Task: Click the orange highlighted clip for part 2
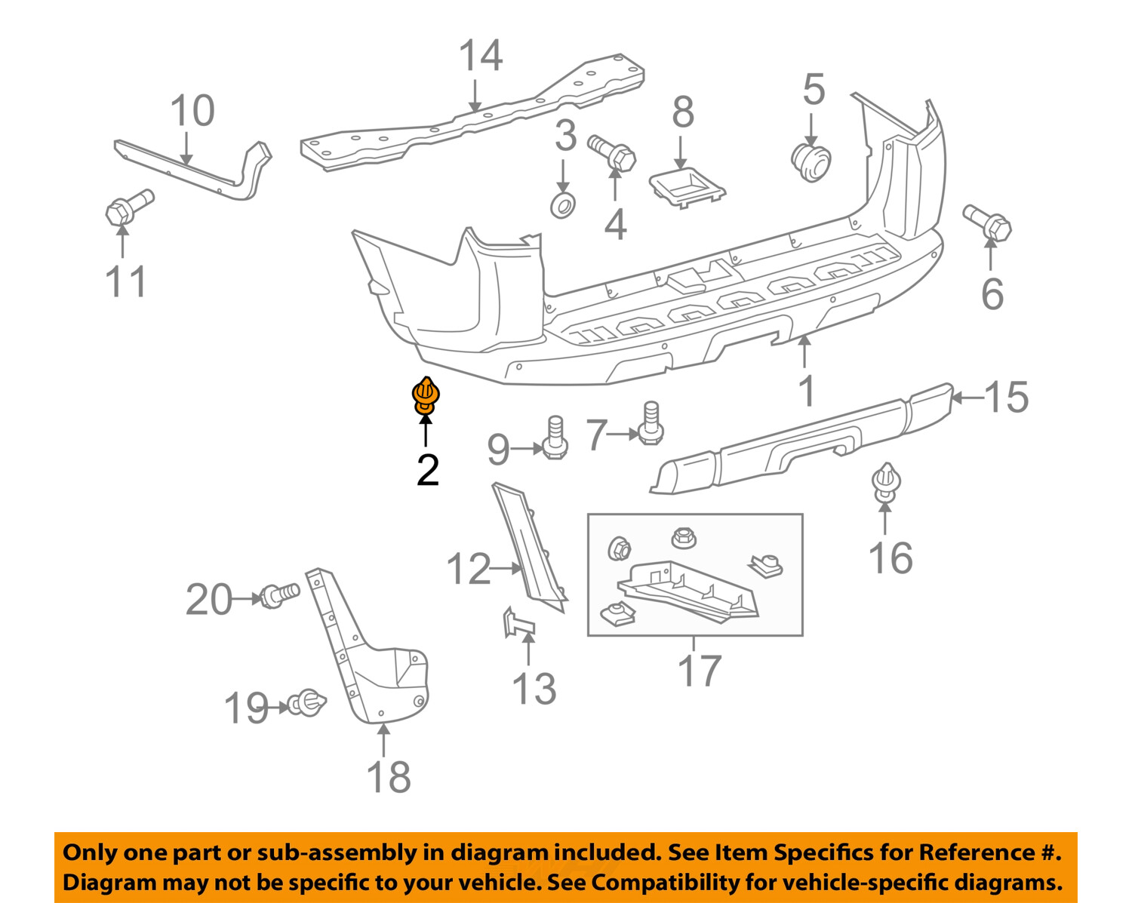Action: pyautogui.click(x=426, y=396)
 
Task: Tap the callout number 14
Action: pyautogui.click(x=480, y=56)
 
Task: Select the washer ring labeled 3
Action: pyautogui.click(x=563, y=204)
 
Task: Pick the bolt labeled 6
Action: pyautogui.click(x=988, y=223)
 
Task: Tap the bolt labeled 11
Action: pyautogui.click(x=129, y=206)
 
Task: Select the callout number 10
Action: pyautogui.click(x=192, y=112)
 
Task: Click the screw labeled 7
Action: pyautogui.click(x=651, y=423)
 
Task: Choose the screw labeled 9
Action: pyautogui.click(x=555, y=438)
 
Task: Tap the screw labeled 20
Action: pyautogui.click(x=279, y=596)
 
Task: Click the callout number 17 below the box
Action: pyautogui.click(x=700, y=670)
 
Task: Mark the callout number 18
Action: pyautogui.click(x=388, y=776)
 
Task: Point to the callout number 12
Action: pyautogui.click(x=468, y=569)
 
